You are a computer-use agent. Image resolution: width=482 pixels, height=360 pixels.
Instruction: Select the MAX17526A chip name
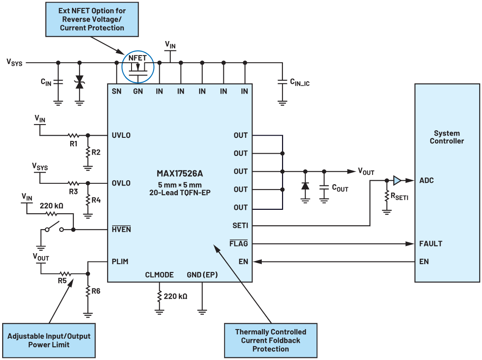(x=180, y=174)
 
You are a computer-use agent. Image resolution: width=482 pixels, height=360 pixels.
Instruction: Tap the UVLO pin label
(x=121, y=135)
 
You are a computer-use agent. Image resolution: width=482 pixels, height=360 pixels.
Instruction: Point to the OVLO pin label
(x=121, y=183)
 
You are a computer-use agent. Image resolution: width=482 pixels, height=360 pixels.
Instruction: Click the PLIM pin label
(x=120, y=261)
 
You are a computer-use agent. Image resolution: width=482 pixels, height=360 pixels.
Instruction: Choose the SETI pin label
(x=240, y=226)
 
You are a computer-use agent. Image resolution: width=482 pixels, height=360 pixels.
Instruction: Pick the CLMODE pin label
(x=159, y=275)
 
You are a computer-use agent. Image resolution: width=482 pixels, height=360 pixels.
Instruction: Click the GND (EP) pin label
(x=202, y=275)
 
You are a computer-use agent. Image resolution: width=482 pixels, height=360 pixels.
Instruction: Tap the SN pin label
(x=117, y=91)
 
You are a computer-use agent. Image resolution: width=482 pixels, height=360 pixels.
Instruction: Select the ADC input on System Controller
(x=426, y=180)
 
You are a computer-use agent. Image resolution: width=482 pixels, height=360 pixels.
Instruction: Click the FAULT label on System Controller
(x=430, y=243)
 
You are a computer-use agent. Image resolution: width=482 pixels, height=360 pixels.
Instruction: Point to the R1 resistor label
(x=73, y=144)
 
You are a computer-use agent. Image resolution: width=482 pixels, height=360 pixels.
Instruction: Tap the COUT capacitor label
(x=340, y=189)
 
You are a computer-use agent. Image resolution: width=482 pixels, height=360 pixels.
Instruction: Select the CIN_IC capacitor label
(x=300, y=82)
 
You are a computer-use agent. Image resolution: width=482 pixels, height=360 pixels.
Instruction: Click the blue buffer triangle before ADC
(x=397, y=180)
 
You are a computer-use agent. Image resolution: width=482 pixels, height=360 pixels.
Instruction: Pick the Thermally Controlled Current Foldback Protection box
(x=270, y=340)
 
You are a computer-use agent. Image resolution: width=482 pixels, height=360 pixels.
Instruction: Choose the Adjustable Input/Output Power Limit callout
(x=49, y=340)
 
